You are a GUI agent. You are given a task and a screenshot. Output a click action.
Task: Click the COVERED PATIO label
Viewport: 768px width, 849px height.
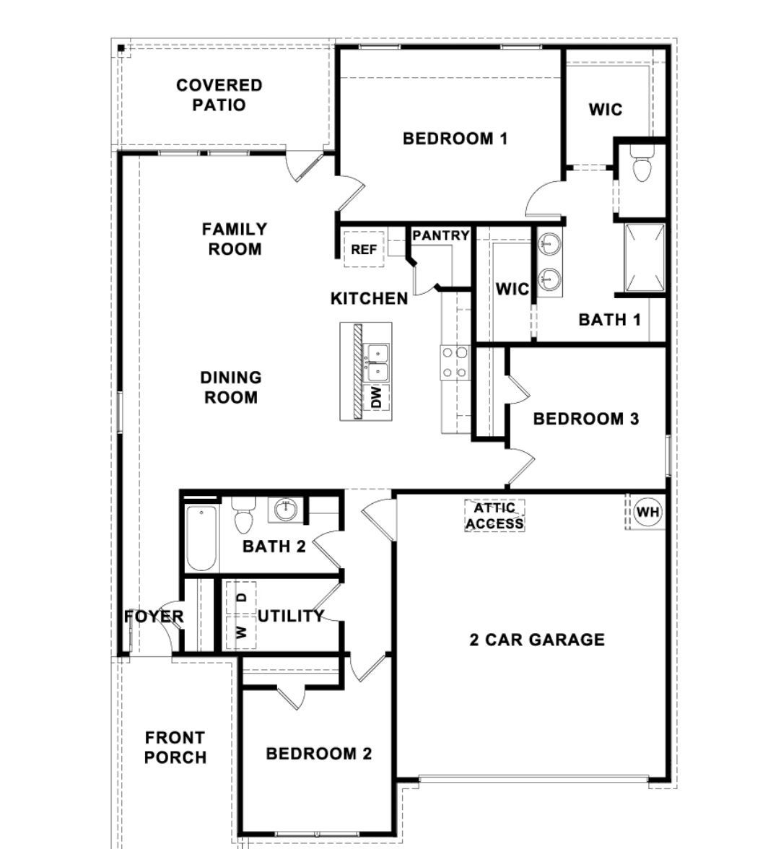pyautogui.click(x=219, y=95)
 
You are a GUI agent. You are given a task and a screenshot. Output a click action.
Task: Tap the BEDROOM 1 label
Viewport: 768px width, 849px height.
pyautogui.click(x=455, y=138)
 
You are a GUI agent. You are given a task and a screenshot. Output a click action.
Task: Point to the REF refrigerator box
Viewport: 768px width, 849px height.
pyautogui.click(x=364, y=250)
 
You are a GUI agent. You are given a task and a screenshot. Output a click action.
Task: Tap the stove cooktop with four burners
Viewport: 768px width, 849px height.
pyautogui.click(x=455, y=362)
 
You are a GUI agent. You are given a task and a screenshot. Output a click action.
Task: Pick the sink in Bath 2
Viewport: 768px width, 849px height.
pyautogui.click(x=286, y=510)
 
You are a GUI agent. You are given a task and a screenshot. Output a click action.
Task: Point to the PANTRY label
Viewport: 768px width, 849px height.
pyautogui.click(x=441, y=235)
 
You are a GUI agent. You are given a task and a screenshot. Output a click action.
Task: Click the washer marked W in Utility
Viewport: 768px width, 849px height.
pyautogui.click(x=242, y=632)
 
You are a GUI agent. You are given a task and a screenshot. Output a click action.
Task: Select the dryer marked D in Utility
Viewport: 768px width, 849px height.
pyautogui.click(x=242, y=597)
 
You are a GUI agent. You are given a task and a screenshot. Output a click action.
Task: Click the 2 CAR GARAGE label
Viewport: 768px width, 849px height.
pyautogui.click(x=537, y=640)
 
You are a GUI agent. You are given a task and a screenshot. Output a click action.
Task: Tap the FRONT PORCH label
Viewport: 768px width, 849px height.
pyautogui.click(x=175, y=747)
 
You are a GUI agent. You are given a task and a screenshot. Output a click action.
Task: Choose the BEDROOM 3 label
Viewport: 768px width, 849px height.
pyautogui.click(x=585, y=419)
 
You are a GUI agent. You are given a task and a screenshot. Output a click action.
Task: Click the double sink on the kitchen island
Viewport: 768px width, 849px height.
pyautogui.click(x=377, y=362)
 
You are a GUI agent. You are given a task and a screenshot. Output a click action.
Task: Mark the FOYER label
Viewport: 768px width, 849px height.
pyautogui.click(x=154, y=617)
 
